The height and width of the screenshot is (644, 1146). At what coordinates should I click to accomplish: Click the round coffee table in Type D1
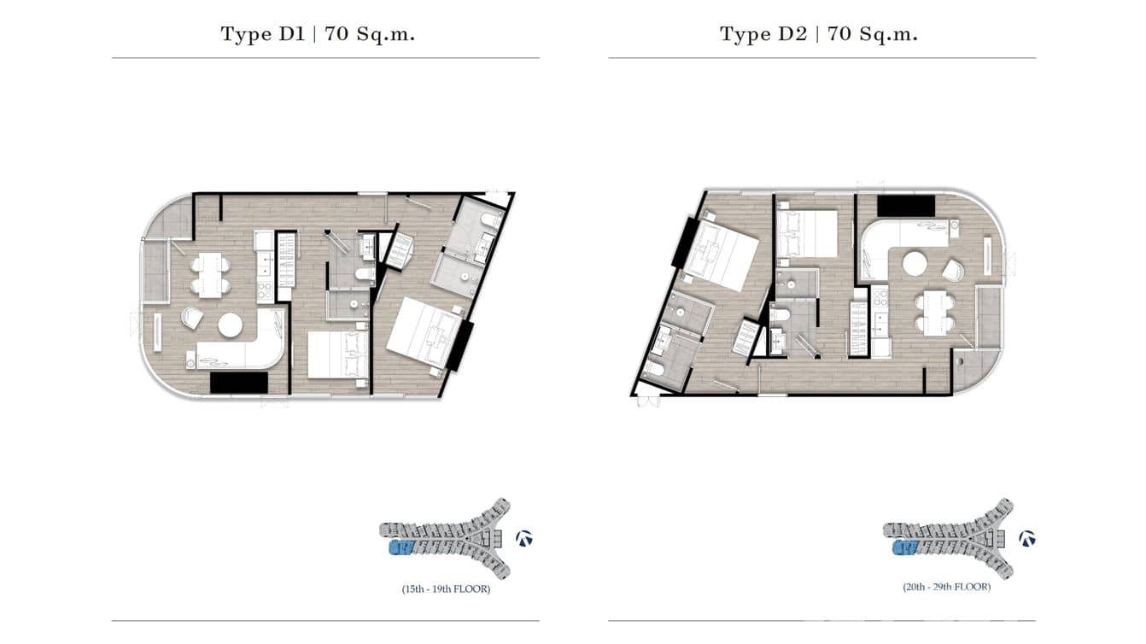point(231,325)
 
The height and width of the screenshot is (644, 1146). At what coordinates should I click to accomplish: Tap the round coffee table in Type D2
point(915,263)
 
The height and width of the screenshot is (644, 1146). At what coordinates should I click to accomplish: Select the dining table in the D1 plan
point(210,275)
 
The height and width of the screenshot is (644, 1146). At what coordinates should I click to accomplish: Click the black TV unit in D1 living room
point(239,383)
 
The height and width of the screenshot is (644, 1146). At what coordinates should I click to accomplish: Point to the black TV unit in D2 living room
point(906,206)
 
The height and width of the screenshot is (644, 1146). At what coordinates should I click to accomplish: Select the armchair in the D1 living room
point(191,318)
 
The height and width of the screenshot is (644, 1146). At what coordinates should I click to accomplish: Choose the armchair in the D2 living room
point(953,271)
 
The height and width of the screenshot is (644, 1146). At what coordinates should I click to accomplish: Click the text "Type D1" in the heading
point(260,34)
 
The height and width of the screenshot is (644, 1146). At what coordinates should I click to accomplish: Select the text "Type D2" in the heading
point(760,34)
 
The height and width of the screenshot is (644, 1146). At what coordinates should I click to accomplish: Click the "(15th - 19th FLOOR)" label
point(446,589)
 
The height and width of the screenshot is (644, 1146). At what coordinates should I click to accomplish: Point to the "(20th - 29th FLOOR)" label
point(946,588)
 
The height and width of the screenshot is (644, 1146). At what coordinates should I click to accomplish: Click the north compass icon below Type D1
point(524,538)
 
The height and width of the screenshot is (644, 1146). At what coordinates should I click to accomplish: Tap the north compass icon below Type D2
point(1027,538)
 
